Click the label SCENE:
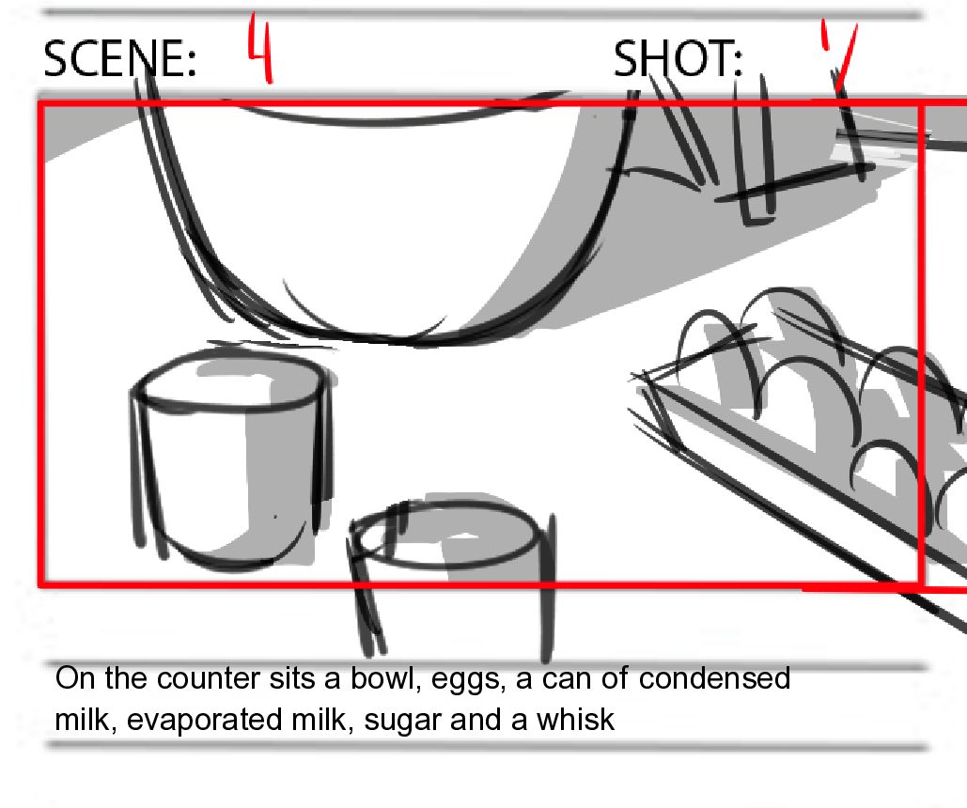pos(119,58)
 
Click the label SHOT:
pos(678,58)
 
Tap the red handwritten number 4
pos(259,48)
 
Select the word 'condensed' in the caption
pos(715,678)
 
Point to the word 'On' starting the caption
pos(74,678)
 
